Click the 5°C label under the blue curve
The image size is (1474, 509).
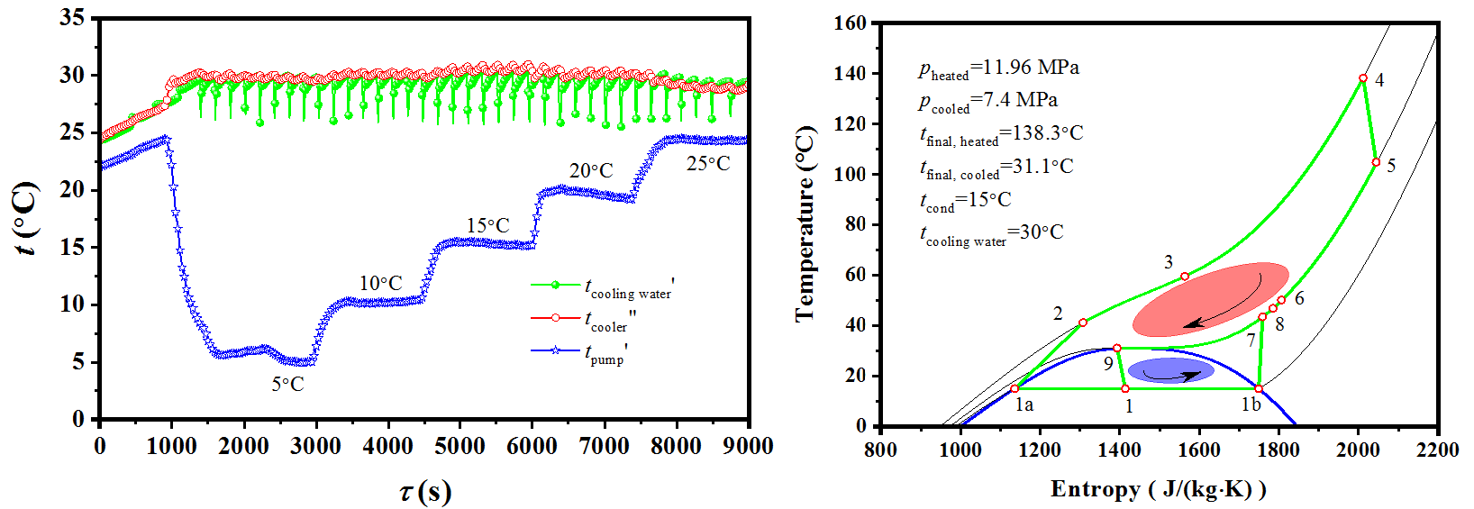click(288, 385)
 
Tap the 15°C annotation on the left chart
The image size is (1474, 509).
click(487, 226)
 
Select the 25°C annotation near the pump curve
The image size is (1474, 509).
click(708, 164)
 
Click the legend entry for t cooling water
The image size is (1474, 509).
click(601, 287)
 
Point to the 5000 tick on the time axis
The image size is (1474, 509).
click(459, 446)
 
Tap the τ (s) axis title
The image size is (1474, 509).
click(424, 492)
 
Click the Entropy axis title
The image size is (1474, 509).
click(1158, 489)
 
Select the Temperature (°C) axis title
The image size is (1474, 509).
click(805, 223)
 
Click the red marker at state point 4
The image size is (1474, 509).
click(1363, 78)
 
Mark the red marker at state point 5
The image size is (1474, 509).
click(1376, 162)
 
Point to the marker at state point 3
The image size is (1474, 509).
click(1185, 277)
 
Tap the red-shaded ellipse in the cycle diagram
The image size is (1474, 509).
click(1210, 299)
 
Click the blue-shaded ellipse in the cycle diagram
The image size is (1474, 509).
click(1170, 370)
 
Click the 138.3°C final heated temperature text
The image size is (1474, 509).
click(1001, 134)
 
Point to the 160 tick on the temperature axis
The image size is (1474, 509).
click(851, 23)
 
